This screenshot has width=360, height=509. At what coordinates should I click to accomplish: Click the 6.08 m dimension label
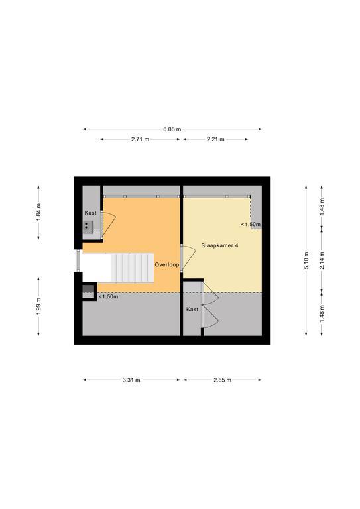(172, 129)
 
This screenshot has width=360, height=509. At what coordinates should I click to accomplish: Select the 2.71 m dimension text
(141, 139)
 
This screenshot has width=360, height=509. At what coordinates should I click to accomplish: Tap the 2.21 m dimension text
(215, 139)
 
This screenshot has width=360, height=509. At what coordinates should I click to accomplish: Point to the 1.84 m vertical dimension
(38, 212)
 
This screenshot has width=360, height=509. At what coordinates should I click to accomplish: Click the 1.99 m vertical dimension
(38, 306)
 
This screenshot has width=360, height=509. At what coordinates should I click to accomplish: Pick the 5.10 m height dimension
(306, 260)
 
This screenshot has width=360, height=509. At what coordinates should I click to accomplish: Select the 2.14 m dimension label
(322, 260)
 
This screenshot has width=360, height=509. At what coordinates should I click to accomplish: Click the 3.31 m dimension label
(131, 380)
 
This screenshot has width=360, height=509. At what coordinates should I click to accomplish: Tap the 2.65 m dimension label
(222, 380)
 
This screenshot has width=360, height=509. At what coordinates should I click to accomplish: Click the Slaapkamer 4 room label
(219, 245)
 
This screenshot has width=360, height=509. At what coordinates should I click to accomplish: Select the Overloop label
(167, 265)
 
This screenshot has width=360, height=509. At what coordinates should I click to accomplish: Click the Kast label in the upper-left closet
(91, 213)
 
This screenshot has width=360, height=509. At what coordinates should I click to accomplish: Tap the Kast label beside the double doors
(192, 309)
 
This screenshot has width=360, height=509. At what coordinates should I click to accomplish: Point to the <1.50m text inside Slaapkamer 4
(251, 224)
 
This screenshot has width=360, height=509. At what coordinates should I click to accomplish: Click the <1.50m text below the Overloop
(108, 296)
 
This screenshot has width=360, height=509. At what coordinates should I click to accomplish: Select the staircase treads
(132, 268)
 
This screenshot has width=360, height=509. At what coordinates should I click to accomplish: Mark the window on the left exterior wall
(78, 260)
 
